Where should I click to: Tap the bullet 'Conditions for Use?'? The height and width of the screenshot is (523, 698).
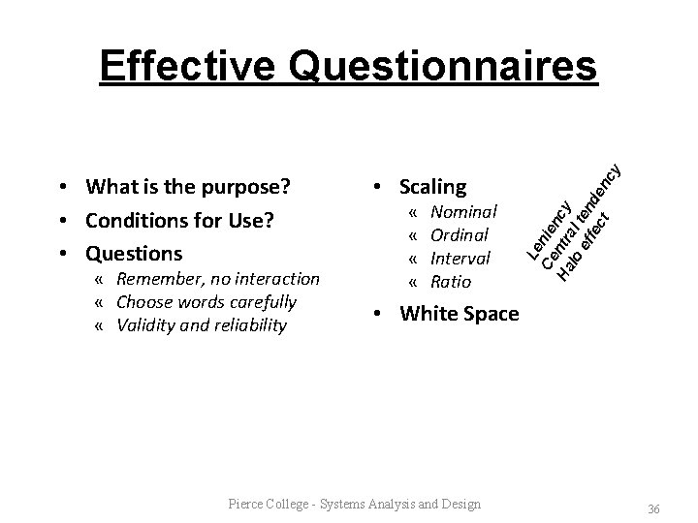pos(179,220)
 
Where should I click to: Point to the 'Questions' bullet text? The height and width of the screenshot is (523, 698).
pos(133,254)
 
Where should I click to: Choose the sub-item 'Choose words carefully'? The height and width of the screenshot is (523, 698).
pos(206,301)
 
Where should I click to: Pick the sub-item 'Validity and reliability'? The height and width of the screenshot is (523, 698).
pos(201,324)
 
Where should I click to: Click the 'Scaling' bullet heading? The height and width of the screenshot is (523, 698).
pos(432,186)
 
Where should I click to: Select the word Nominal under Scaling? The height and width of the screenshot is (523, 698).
pos(463,211)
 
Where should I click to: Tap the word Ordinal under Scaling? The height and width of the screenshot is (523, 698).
pos(459,234)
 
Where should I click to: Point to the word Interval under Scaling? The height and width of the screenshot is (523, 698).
pos(460,259)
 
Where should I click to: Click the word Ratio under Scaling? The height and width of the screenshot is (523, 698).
pos(450,282)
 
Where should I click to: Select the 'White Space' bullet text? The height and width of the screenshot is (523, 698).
pos(459,313)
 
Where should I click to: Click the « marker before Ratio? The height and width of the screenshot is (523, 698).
pos(413,282)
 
